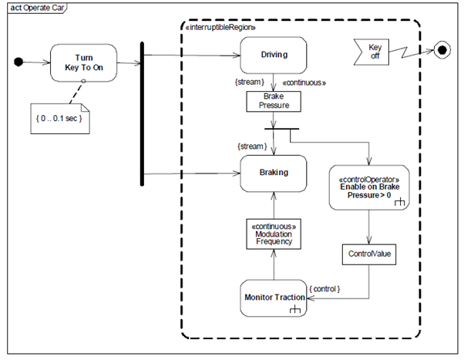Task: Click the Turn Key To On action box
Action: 84,62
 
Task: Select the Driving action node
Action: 274,55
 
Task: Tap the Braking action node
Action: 274,173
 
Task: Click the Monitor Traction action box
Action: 274,298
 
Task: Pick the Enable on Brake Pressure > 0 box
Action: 369,187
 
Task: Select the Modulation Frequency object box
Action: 274,232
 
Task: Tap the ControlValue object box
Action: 369,254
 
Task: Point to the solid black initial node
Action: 21,62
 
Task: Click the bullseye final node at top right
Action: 442,51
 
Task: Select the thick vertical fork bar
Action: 143,113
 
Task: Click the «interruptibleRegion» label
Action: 220,27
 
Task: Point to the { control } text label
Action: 324,289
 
